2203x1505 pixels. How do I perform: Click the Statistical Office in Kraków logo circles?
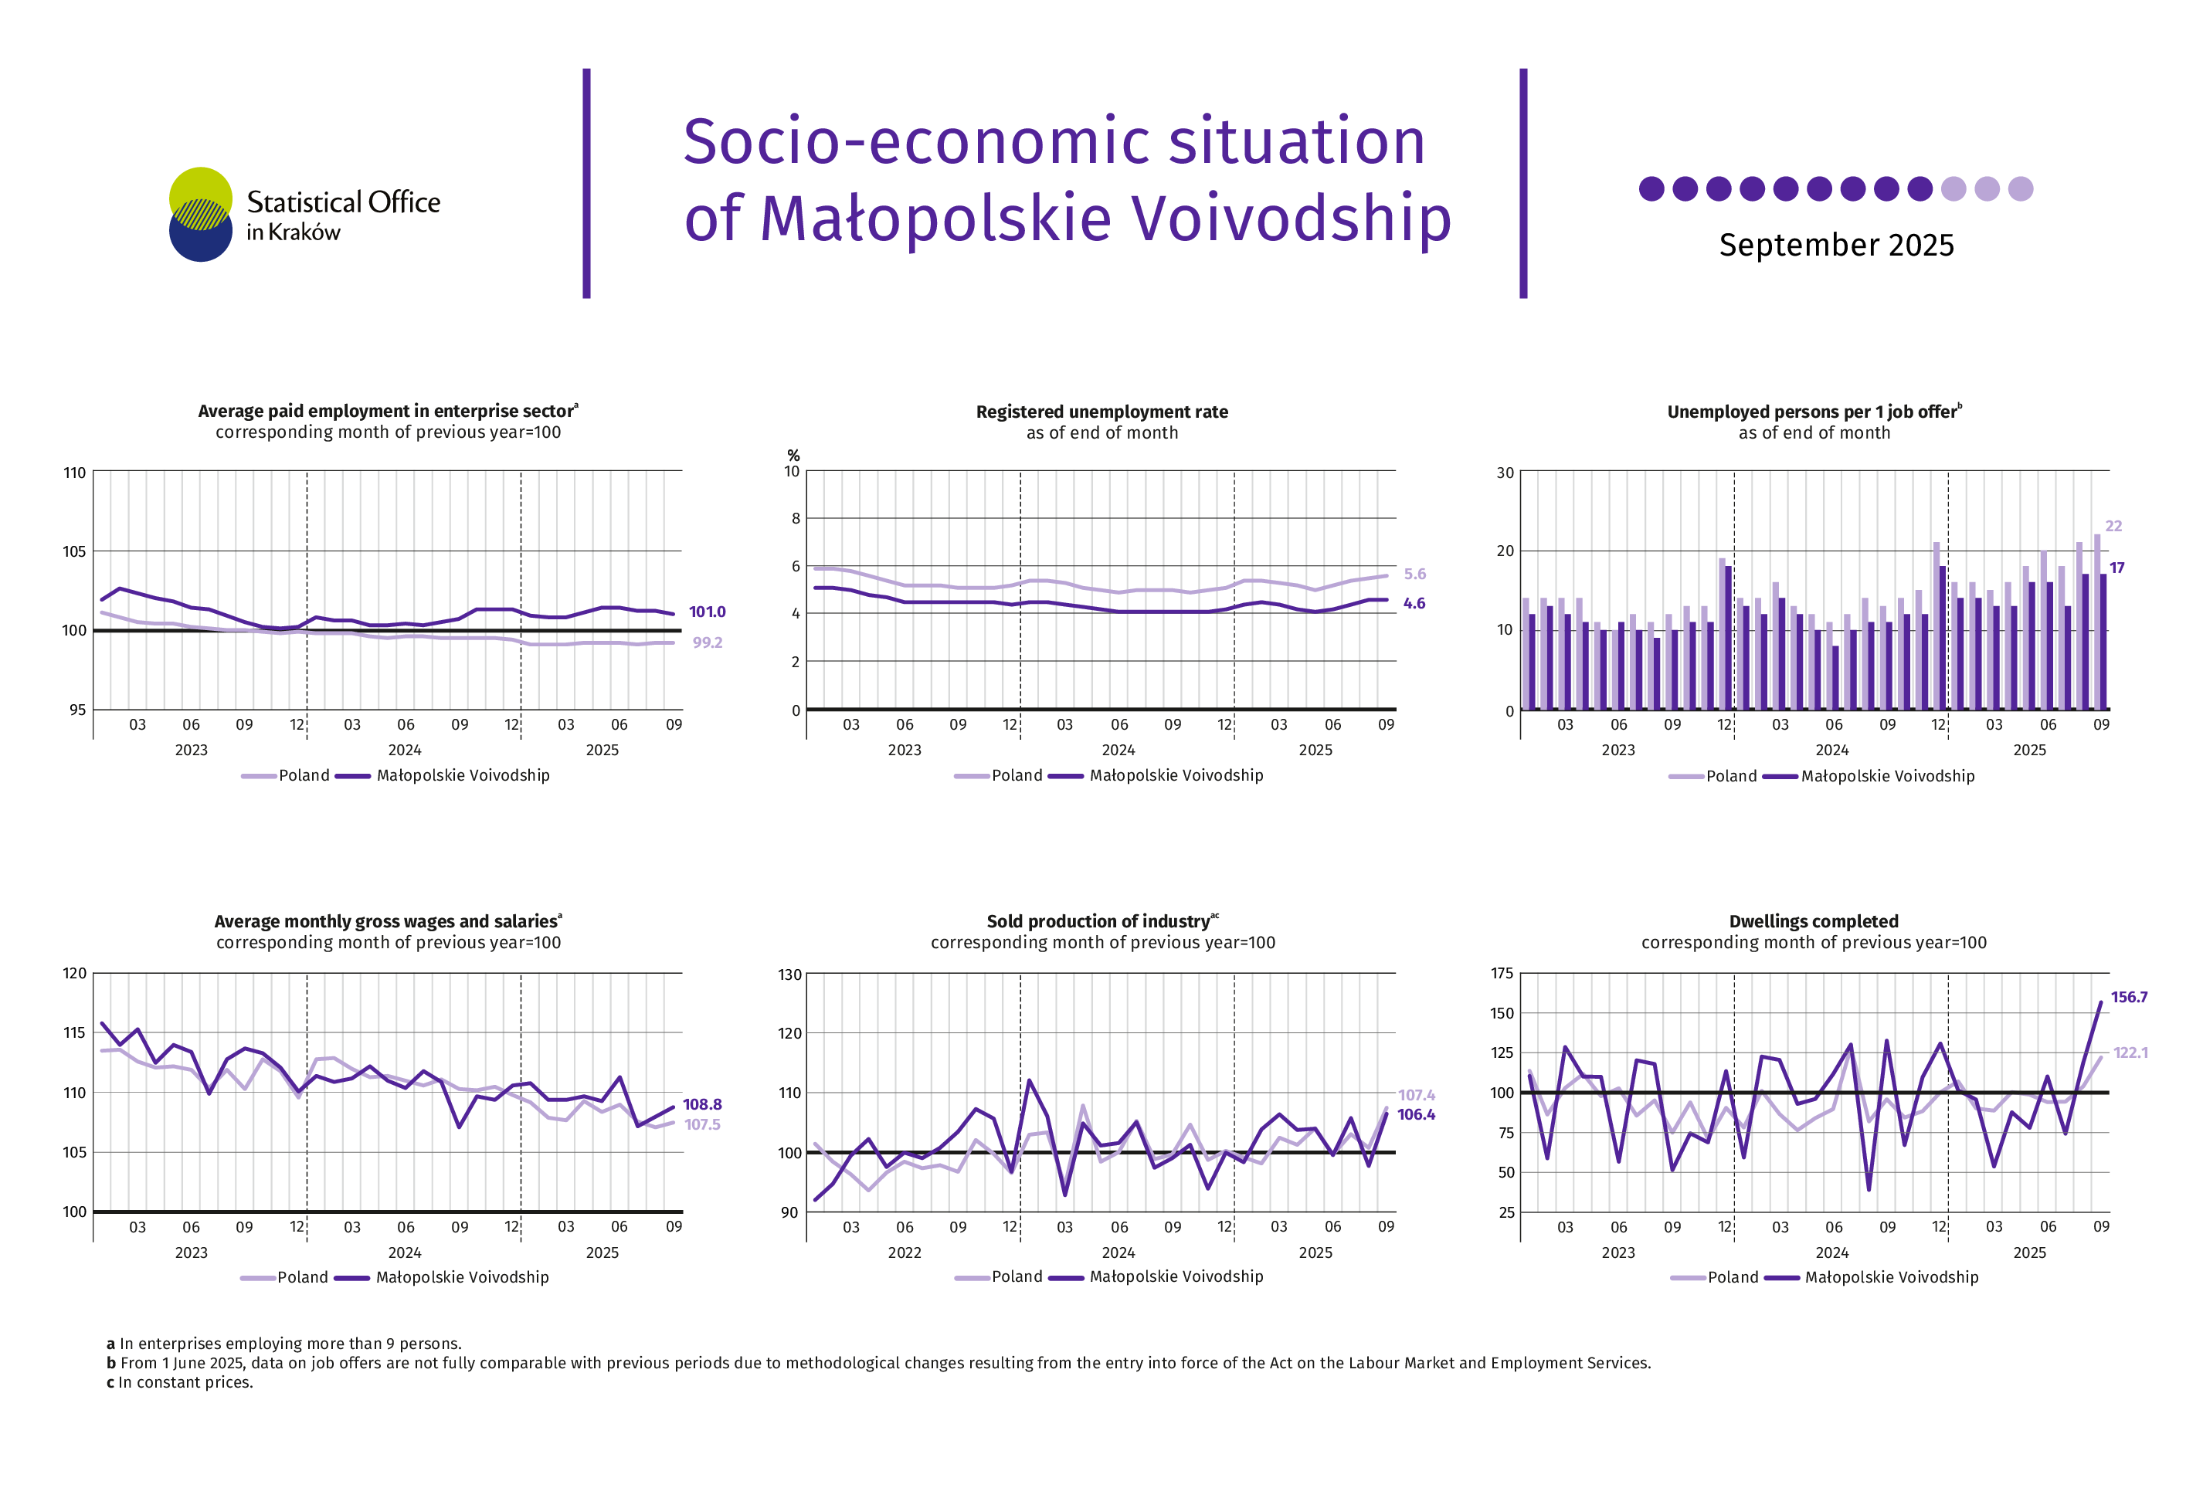coord(200,214)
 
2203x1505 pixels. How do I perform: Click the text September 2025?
coord(1835,246)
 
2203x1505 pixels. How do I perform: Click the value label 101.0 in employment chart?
coord(706,612)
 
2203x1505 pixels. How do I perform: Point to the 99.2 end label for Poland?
coord(707,642)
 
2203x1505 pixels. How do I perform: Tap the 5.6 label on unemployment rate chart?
coord(1414,575)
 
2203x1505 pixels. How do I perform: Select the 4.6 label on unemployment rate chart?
coord(1414,604)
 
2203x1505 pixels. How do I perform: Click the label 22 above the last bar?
coord(2113,526)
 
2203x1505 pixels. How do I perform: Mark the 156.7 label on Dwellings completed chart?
coord(2128,997)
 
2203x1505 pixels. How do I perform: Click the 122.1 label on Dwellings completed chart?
coord(2130,1053)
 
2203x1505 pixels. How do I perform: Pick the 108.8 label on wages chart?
coord(701,1104)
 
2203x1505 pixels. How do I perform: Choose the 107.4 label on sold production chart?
coord(1416,1096)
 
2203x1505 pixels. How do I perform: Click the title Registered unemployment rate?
coord(1101,412)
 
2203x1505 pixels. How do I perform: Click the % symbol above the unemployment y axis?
coord(793,456)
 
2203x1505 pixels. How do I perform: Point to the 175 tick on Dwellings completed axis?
coord(1502,973)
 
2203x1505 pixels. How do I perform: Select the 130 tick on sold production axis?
coord(789,975)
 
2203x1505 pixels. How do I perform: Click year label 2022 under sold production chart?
coord(904,1253)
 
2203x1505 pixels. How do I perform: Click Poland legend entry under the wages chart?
coord(301,1277)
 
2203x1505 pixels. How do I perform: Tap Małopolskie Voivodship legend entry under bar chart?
coord(1886,776)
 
